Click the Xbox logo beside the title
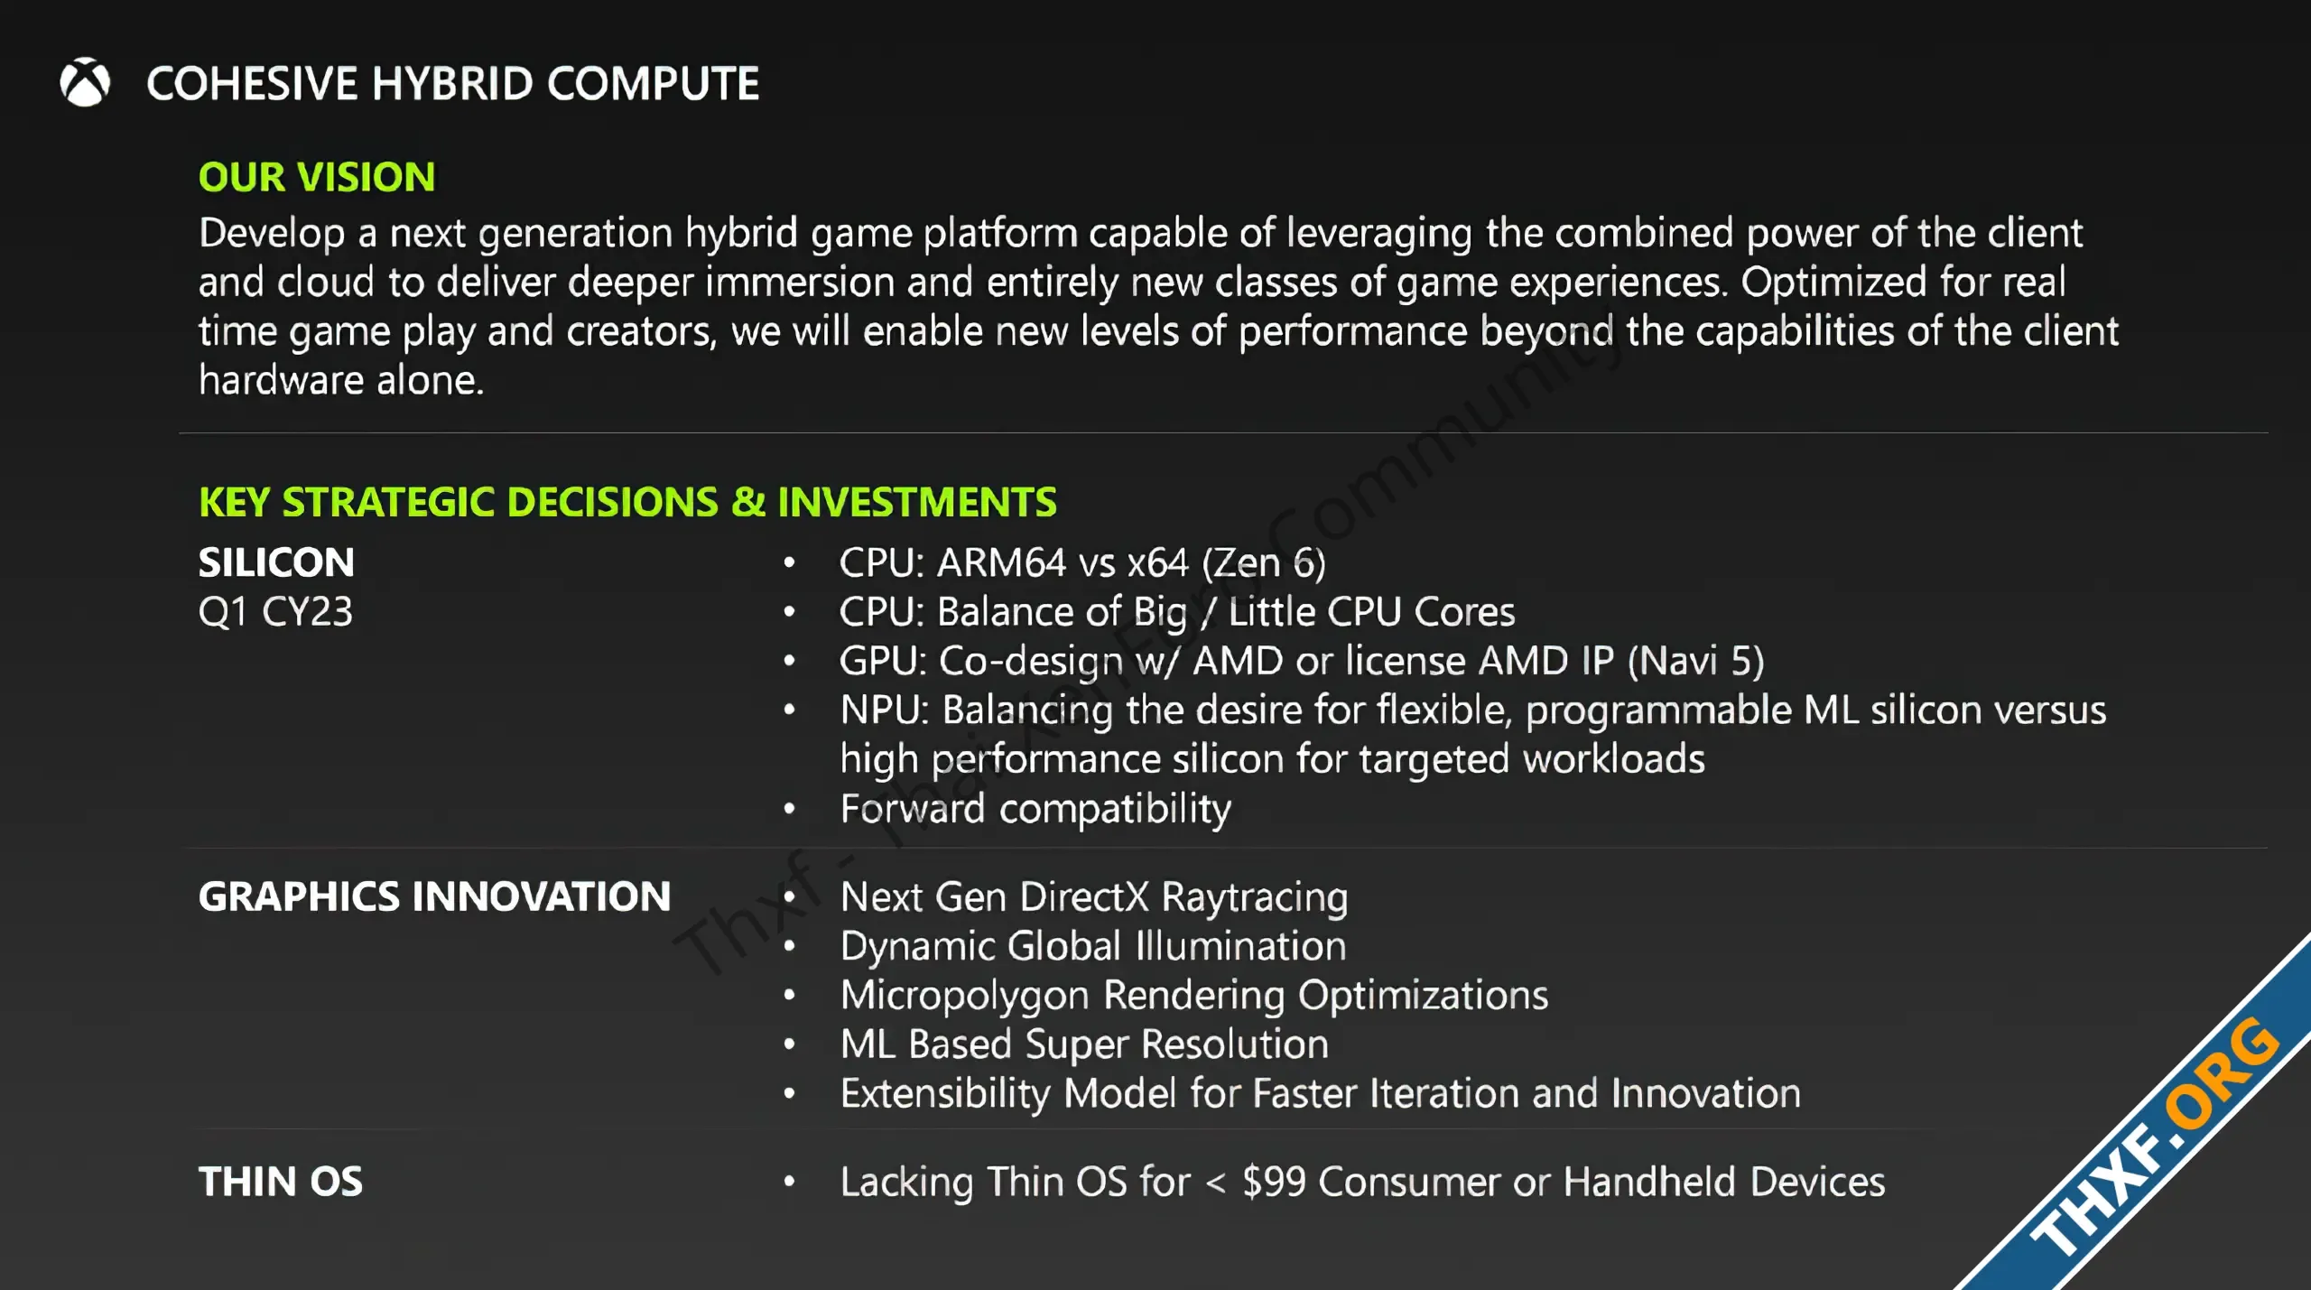pos(85,82)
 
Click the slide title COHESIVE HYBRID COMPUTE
pos(453,84)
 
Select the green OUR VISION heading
pos(317,177)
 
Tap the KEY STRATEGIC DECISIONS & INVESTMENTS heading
pos(627,502)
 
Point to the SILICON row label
pos(276,562)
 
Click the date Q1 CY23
pos(275,612)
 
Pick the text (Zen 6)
pos(1264,563)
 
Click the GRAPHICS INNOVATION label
pos(435,896)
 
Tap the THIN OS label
pos(281,1182)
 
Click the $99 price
pos(1274,1182)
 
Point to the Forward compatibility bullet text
pos(1035,809)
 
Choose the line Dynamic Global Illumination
pos(1093,946)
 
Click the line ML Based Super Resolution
pos(1084,1044)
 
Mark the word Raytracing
pos(1255,898)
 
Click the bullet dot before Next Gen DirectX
pos(790,897)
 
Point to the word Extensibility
pos(945,1094)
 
